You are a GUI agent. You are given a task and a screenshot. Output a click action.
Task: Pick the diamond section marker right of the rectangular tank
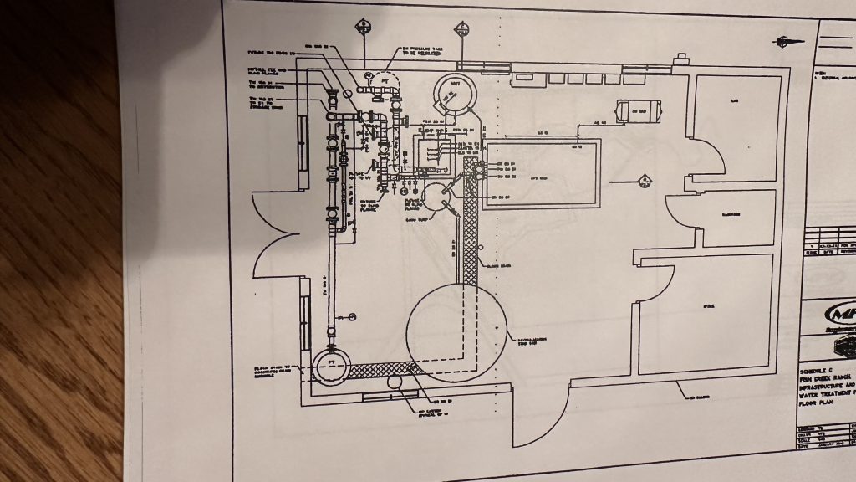click(x=645, y=179)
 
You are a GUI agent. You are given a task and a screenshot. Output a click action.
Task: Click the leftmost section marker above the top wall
click(x=364, y=26)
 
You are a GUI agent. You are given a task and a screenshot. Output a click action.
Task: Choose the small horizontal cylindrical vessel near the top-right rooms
click(x=639, y=110)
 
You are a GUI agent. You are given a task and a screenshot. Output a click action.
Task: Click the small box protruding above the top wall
click(x=681, y=58)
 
